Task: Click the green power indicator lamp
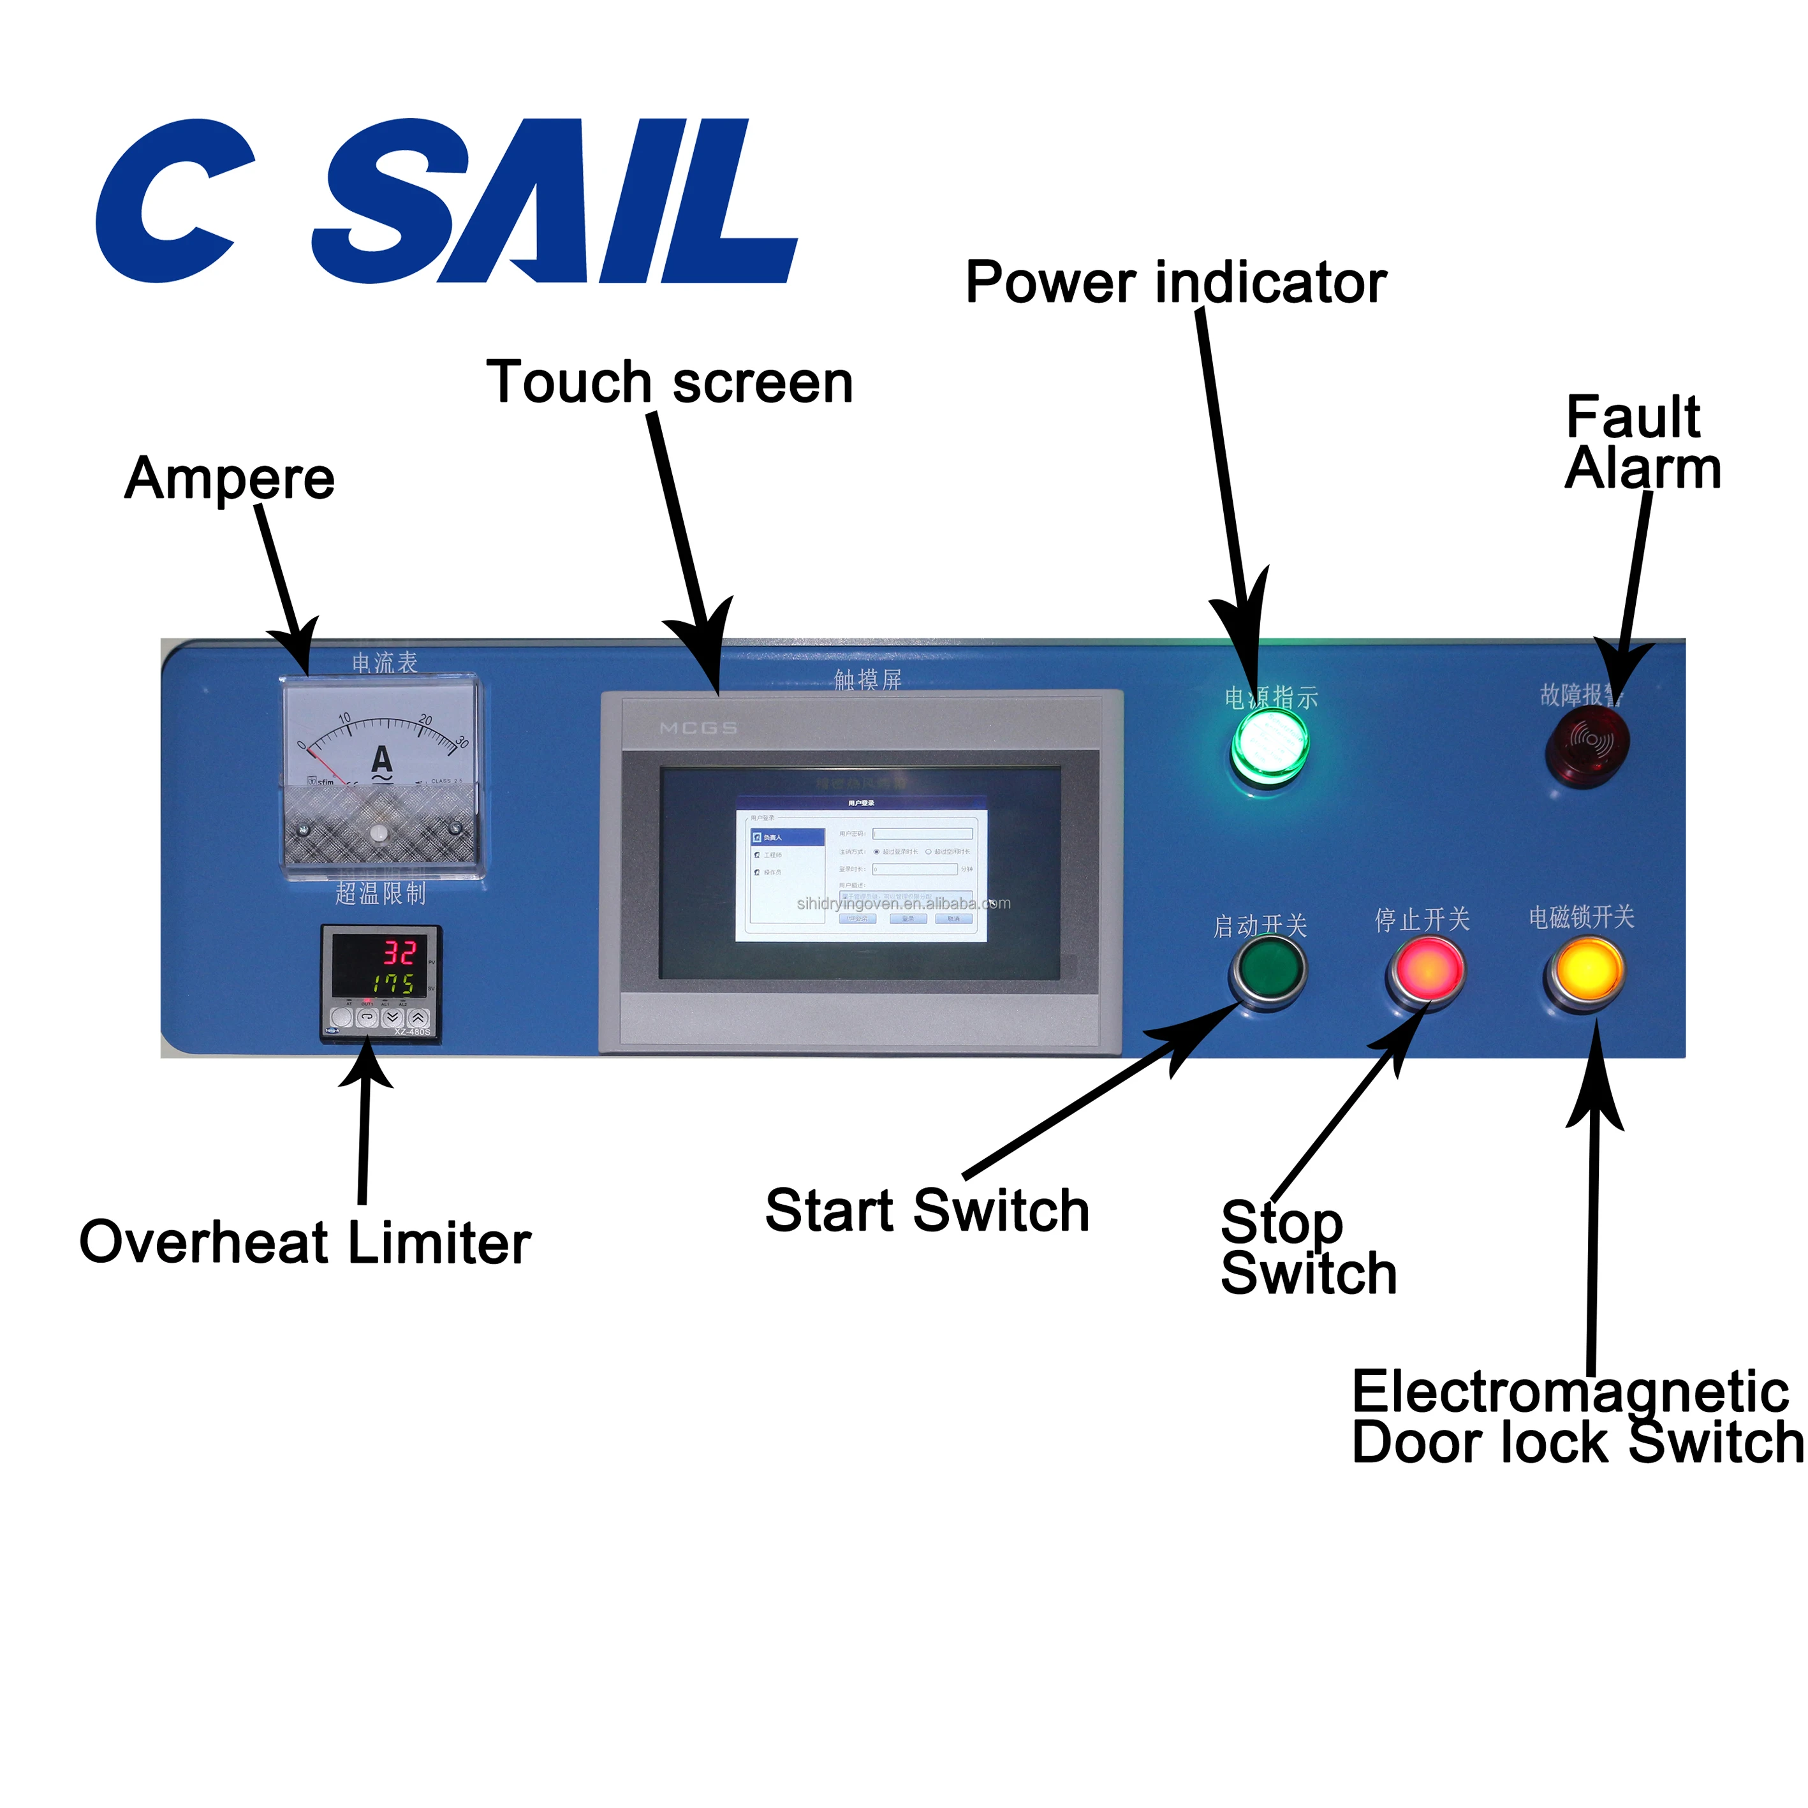tap(1269, 745)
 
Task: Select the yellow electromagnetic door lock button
tap(1586, 971)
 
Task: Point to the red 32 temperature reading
tap(399, 953)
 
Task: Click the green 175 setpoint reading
tap(393, 983)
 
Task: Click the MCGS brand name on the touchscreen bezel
tap(698, 728)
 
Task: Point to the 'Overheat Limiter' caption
tap(305, 1243)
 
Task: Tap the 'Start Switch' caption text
tap(927, 1211)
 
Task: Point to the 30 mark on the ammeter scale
tap(460, 742)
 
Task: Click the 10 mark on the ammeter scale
tap(344, 719)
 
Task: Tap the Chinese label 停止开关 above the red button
tap(1422, 920)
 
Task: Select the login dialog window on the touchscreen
tap(861, 869)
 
